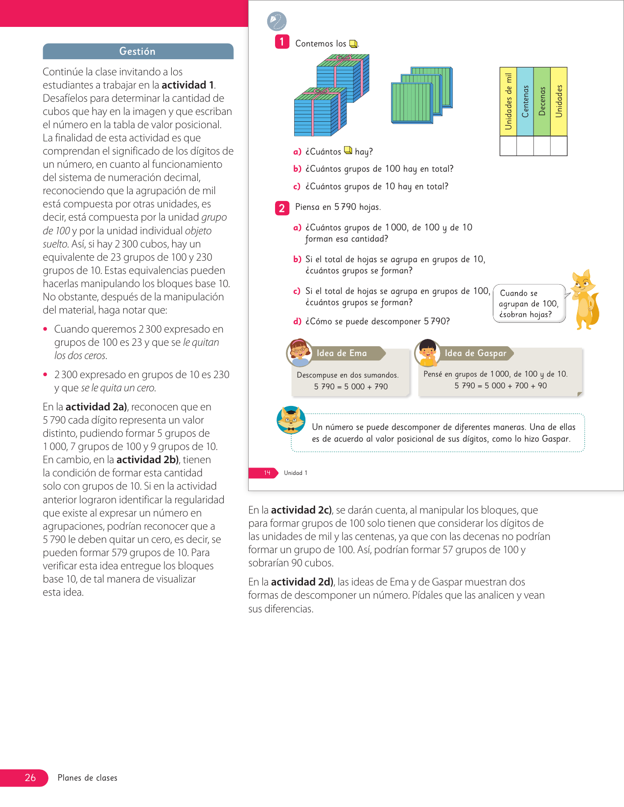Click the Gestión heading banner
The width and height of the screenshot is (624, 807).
(138, 51)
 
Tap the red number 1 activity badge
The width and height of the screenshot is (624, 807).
(282, 42)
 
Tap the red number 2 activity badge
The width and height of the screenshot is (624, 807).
(282, 208)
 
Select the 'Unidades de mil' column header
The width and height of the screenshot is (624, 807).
(508, 102)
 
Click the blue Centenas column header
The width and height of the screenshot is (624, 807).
(525, 102)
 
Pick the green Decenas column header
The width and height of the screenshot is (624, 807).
(542, 102)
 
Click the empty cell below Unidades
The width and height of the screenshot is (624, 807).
(558, 146)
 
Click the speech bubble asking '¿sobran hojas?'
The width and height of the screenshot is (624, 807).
(529, 304)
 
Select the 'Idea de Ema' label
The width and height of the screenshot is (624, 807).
(342, 353)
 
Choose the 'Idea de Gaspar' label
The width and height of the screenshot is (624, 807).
(475, 353)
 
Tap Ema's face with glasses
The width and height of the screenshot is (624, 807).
(299, 352)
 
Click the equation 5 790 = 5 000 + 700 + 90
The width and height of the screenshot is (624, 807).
(501, 385)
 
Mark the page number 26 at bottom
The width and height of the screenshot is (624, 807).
(30, 778)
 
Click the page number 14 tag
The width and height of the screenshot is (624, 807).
(267, 473)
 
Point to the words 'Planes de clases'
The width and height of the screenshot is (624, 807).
(88, 778)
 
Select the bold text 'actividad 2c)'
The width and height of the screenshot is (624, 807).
(301, 510)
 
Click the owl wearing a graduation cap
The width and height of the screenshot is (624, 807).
(291, 420)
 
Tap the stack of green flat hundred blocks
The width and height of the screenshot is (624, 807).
(421, 95)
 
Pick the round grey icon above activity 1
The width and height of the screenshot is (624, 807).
(277, 22)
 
